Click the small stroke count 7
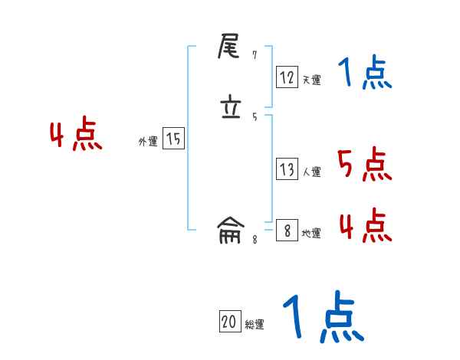coord(255,55)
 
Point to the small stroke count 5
coord(255,116)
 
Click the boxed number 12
coord(287,77)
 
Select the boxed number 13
coord(287,169)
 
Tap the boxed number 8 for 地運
coord(287,231)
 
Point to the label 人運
coord(311,172)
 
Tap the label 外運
coord(147,142)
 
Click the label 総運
coord(255,325)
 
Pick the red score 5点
coord(364,164)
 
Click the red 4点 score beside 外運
coord(76,136)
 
